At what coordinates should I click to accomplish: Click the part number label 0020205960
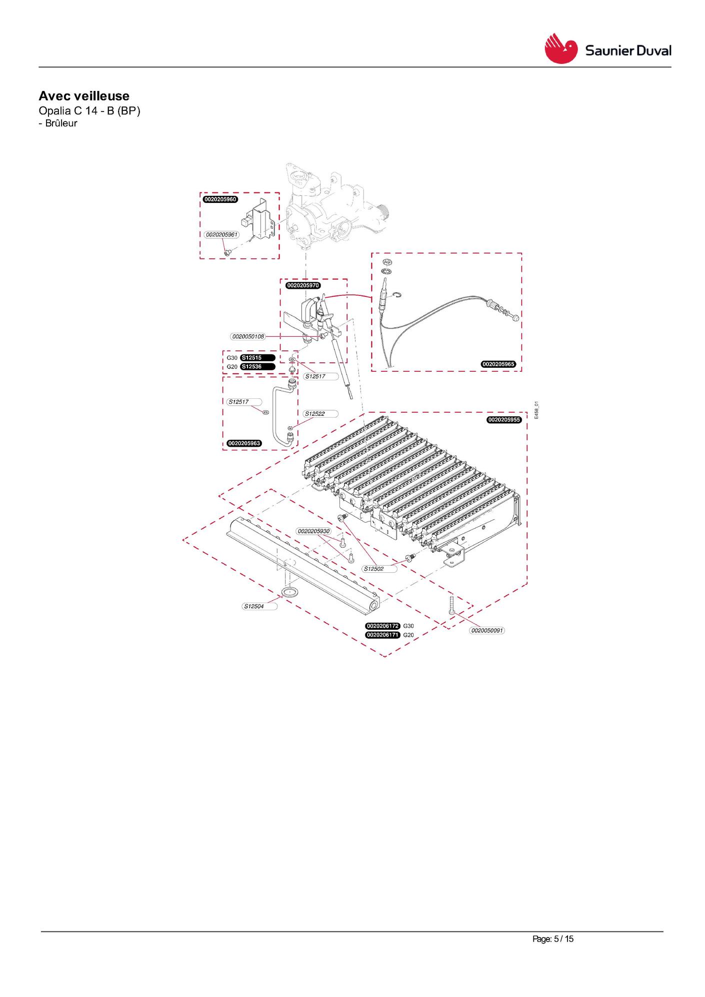tap(220, 199)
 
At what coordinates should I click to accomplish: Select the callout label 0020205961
tap(221, 234)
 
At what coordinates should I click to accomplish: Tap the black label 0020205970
tap(303, 285)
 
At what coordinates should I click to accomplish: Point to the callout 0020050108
tap(248, 336)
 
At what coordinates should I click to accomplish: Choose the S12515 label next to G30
tap(257, 358)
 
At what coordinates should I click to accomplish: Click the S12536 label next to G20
tap(257, 367)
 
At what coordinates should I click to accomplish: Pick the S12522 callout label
tap(321, 414)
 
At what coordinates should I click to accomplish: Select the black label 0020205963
tap(244, 443)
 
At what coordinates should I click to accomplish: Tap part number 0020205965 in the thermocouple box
tap(498, 364)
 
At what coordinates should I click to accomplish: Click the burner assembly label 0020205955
tap(504, 420)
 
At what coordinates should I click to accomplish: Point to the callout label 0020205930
tap(313, 531)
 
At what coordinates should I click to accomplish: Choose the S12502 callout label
tap(380, 569)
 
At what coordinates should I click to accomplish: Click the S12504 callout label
tap(260, 607)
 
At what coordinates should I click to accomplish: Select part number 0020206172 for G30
tap(383, 626)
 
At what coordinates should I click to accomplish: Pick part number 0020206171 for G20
tap(383, 635)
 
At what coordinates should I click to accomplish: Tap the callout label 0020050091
tap(487, 631)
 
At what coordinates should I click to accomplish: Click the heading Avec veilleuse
tap(84, 96)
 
